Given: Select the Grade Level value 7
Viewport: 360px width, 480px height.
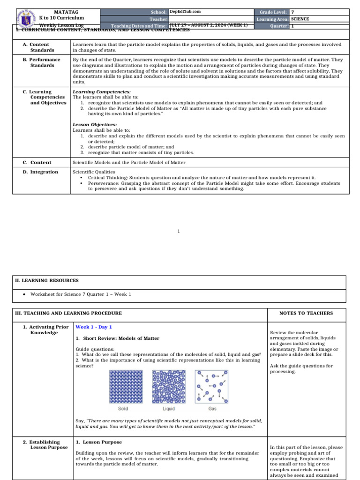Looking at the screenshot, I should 293,12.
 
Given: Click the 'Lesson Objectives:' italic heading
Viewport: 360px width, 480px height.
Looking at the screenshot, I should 95,125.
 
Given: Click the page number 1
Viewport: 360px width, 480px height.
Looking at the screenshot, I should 179,231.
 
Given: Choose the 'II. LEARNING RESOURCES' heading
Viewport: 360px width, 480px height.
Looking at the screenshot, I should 47,280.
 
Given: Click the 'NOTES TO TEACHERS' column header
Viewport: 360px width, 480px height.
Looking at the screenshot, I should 306,313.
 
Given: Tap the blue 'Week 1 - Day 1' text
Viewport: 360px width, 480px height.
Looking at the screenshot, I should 94,327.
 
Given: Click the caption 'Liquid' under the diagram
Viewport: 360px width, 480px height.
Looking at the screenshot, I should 169,408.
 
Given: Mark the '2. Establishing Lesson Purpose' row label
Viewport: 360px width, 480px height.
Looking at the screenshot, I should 45,445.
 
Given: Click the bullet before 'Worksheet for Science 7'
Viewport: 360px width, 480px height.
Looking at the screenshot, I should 23,294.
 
